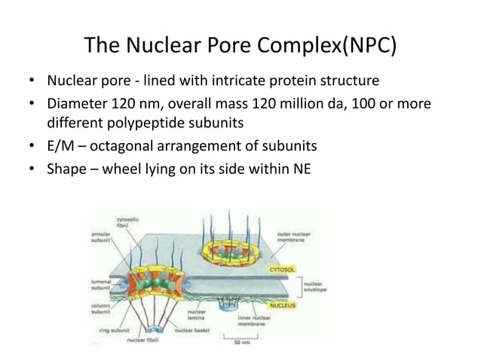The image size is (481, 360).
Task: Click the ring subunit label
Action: point(114,330)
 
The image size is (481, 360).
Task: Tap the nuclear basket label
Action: point(192,330)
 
